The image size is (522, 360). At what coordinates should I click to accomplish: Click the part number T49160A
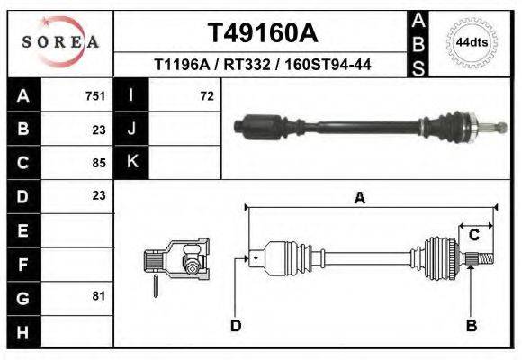point(262,33)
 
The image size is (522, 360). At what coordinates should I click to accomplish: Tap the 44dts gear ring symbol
point(472,42)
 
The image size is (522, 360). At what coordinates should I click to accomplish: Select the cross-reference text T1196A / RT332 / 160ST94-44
point(263,65)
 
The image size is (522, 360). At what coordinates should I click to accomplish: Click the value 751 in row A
point(95,95)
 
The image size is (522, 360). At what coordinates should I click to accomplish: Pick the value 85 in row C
point(99,163)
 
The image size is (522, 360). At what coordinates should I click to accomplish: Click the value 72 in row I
point(206,95)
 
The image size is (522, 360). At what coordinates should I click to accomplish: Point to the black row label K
point(131,162)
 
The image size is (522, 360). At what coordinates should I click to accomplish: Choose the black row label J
point(131,129)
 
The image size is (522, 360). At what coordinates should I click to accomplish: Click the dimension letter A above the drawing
point(360,199)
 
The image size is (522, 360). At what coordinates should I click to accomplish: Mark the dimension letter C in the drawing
point(473,235)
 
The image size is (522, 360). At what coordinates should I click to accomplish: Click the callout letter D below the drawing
point(236,325)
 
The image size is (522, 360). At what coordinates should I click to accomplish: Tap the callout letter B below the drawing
point(471,325)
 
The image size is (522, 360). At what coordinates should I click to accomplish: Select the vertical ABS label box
point(418,42)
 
